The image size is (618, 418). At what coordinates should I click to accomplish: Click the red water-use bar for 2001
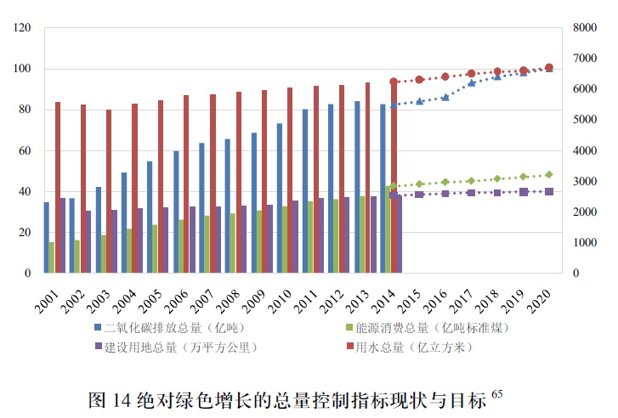pos(58,187)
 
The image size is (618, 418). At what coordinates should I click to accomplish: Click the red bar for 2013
pos(368,178)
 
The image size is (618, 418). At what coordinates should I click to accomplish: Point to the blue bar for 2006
pos(176,212)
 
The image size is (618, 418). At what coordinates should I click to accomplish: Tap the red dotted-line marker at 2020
pos(549,67)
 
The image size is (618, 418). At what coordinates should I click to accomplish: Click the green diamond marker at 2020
pos(549,174)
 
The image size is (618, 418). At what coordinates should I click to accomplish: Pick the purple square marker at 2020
pos(549,192)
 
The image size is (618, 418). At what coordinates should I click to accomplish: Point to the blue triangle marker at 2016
pos(445,97)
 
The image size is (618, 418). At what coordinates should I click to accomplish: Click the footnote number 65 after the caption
pos(497,393)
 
